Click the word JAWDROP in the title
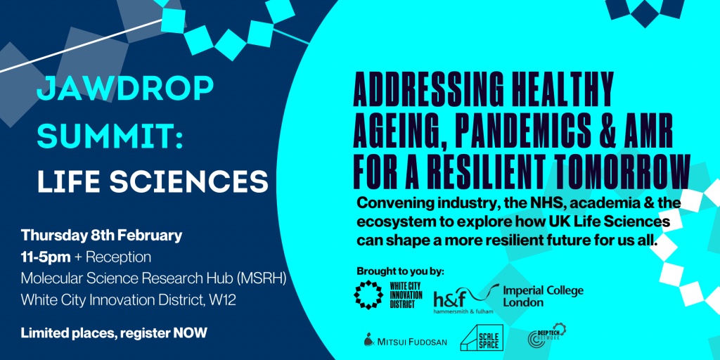[125, 89]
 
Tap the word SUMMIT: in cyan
[110, 136]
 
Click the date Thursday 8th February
[101, 236]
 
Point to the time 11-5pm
[46, 257]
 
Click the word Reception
[118, 257]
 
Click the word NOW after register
[190, 333]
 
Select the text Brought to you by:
[401, 271]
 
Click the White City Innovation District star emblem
[369, 293]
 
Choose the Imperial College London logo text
[544, 297]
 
